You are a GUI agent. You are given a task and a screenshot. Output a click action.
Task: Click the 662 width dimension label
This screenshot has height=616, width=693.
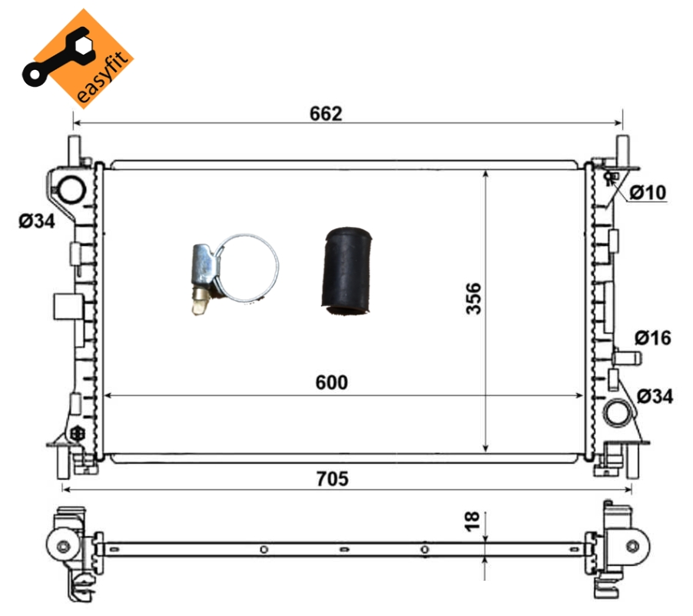[326, 114]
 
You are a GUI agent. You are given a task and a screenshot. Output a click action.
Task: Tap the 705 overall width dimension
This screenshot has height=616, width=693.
[333, 479]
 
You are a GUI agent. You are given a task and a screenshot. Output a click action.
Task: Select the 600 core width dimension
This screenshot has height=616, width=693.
[331, 382]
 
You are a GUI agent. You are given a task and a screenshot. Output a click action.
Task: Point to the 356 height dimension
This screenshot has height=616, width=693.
[473, 298]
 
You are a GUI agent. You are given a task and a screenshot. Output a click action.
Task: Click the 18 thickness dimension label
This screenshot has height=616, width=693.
[472, 521]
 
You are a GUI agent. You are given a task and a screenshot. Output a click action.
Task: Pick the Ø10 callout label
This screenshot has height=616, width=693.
[648, 192]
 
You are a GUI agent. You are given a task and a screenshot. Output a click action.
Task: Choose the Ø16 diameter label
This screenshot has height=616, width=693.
[653, 338]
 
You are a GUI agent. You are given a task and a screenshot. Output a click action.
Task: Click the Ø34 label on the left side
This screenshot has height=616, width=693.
[37, 221]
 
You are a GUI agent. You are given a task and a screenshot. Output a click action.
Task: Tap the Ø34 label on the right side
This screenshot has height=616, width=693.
[655, 396]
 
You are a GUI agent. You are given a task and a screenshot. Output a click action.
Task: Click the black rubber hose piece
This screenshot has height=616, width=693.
[346, 271]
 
